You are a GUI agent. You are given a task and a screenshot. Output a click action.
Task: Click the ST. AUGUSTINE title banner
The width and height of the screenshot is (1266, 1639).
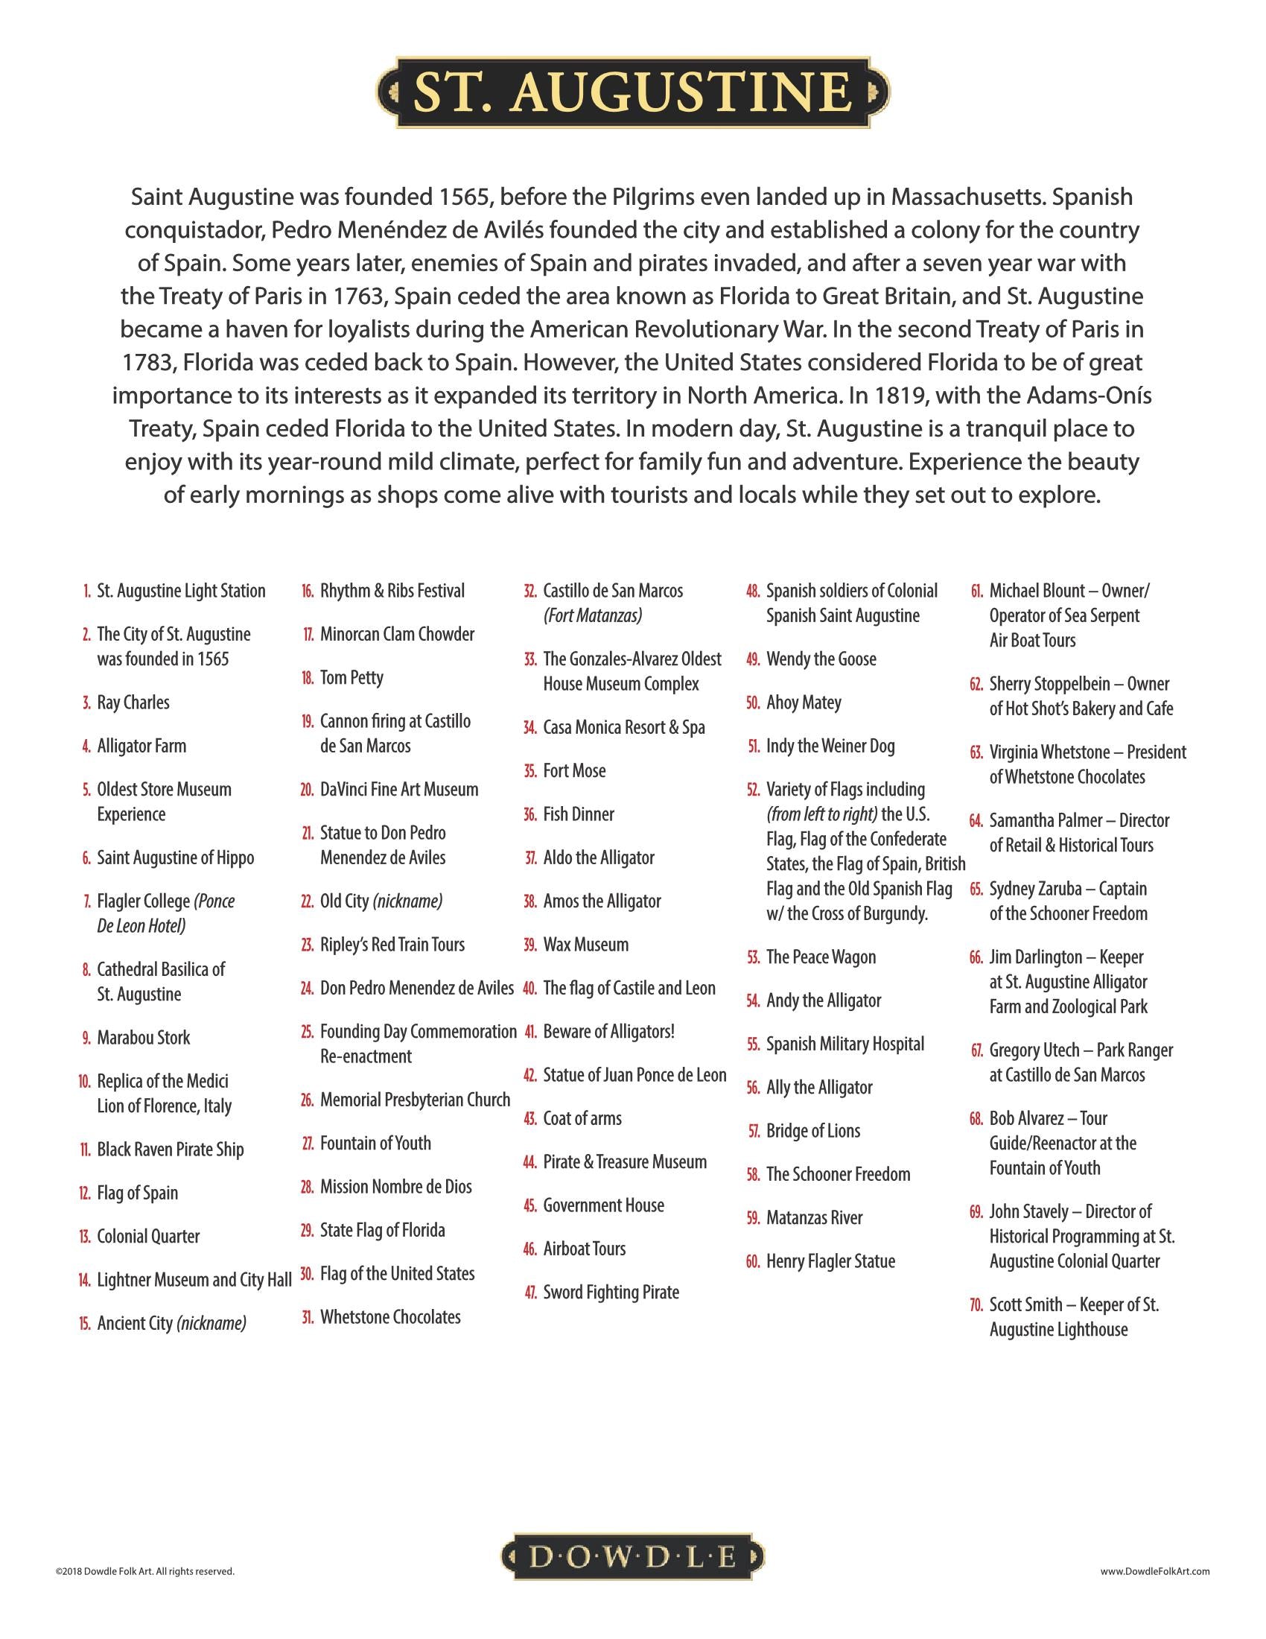632,92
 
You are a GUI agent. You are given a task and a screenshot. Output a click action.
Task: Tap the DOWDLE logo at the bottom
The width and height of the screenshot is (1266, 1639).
632,1558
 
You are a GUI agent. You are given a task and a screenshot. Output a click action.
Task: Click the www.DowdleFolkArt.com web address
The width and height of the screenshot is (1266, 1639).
1155,1570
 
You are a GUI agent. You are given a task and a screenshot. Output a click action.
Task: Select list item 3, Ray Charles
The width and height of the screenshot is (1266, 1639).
133,703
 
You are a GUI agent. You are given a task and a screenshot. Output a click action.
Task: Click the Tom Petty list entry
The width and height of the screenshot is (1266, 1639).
351,678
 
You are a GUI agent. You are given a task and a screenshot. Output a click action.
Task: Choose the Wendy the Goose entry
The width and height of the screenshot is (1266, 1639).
821,659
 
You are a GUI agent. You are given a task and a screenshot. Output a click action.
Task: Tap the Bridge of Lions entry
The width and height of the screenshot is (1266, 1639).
813,1131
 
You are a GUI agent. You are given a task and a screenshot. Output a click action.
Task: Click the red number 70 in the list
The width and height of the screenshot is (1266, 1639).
976,1304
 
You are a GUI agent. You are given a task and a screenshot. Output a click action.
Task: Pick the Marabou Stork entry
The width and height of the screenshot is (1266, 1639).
143,1037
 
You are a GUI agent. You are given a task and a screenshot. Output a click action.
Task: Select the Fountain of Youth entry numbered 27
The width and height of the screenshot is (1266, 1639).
375,1143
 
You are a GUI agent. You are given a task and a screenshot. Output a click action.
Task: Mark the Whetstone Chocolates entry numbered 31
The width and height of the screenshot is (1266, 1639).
390,1316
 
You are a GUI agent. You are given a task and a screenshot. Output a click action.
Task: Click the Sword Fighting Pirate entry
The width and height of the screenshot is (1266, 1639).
611,1292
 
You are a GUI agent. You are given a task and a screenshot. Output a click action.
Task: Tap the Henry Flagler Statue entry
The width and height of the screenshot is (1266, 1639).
830,1261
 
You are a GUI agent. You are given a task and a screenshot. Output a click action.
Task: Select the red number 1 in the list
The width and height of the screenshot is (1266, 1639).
88,592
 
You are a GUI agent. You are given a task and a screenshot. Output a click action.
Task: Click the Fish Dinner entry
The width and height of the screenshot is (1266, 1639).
578,814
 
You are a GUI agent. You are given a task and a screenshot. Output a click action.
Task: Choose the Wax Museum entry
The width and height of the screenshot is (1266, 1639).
586,944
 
